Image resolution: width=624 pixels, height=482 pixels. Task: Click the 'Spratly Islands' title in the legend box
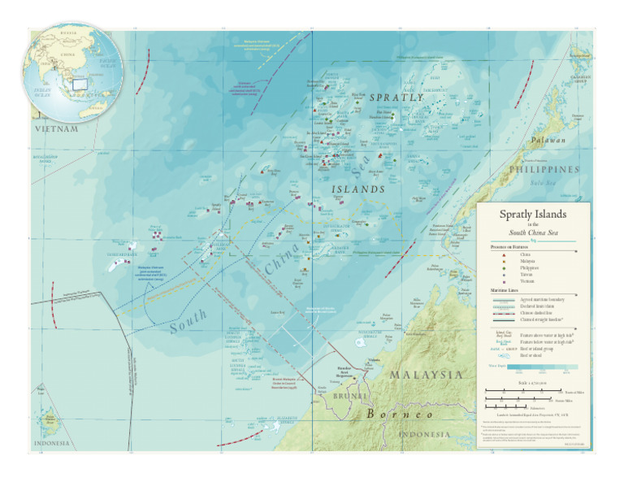(x=534, y=214)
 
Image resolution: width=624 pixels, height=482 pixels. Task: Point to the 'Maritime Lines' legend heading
(x=505, y=289)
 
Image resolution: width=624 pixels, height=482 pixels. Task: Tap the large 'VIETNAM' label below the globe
(x=56, y=128)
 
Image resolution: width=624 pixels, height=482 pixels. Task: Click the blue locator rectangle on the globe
(x=80, y=83)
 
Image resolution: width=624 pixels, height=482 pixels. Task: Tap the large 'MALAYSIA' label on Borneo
(x=427, y=376)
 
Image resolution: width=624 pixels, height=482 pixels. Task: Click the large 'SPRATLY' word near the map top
(x=396, y=97)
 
